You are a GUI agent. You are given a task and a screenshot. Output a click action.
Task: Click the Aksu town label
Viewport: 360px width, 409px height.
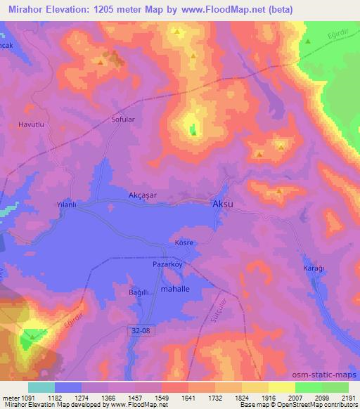pyautogui.click(x=223, y=203)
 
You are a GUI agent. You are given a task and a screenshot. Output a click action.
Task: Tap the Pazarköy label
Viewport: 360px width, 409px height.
pyautogui.click(x=167, y=265)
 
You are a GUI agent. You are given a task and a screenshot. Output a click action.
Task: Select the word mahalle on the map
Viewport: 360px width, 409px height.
pyautogui.click(x=176, y=289)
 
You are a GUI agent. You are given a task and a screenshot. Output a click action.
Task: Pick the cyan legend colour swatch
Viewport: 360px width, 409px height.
pyautogui.click(x=41, y=387)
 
